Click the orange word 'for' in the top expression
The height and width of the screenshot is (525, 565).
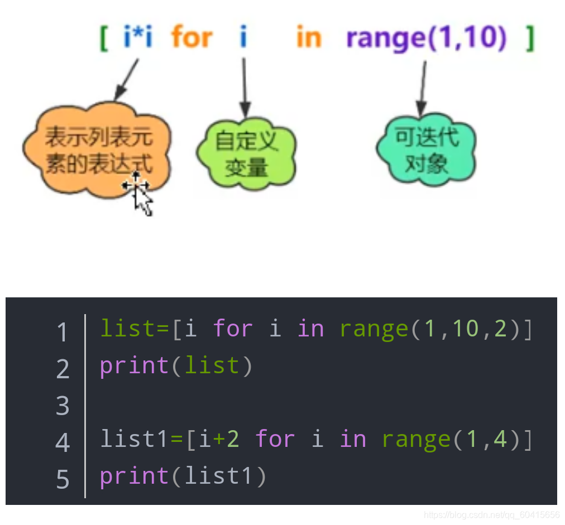click(x=191, y=38)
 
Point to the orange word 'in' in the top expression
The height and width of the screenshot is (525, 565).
click(x=308, y=38)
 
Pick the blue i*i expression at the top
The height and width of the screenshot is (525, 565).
click(x=137, y=38)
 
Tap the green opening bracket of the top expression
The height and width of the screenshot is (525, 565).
click(x=103, y=38)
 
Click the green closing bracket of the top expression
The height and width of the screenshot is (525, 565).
click(x=530, y=38)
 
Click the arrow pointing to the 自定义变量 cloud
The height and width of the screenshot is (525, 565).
click(x=245, y=86)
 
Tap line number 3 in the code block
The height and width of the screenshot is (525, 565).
click(x=63, y=406)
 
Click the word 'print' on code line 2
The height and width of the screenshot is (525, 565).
click(x=135, y=367)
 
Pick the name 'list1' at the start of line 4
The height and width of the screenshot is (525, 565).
click(x=134, y=440)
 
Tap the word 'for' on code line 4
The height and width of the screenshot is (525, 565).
click(x=275, y=440)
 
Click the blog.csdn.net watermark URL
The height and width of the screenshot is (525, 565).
click(x=491, y=515)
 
